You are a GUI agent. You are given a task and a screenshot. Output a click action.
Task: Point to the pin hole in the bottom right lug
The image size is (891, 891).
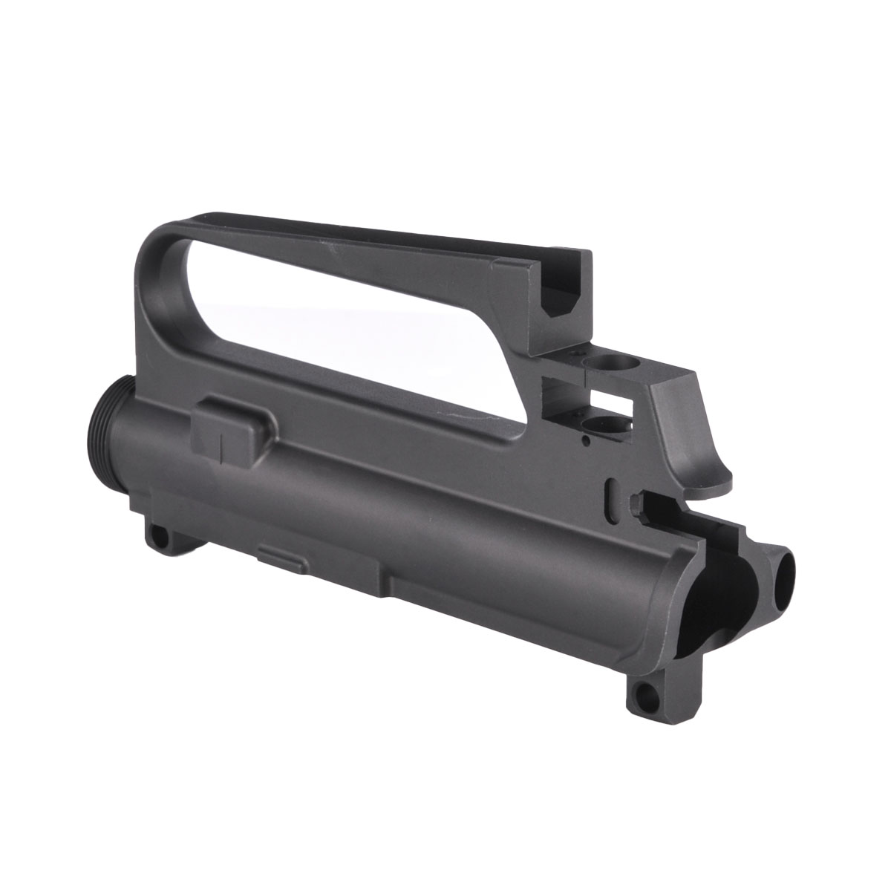point(651,696)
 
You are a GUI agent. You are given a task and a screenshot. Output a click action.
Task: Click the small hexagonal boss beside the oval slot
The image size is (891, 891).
point(636,503)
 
